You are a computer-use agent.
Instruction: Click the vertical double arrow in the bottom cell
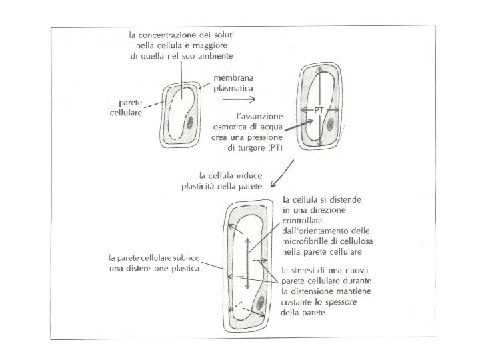tap(247, 263)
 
